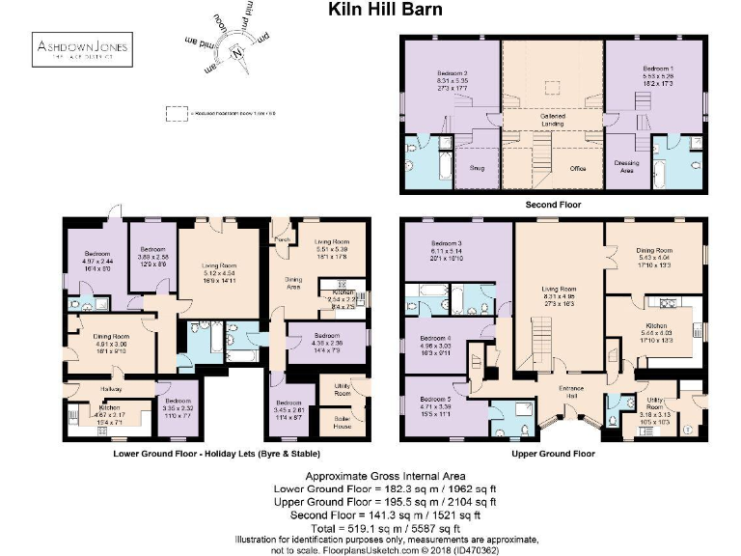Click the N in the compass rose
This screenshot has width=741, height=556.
(x=234, y=53)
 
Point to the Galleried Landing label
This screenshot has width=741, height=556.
(x=553, y=119)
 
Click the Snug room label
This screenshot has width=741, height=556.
(x=476, y=167)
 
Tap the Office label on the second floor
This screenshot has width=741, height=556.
(x=577, y=168)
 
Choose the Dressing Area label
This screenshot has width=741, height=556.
(x=627, y=165)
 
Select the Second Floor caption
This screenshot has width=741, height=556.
(x=552, y=205)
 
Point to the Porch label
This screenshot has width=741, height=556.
(x=283, y=239)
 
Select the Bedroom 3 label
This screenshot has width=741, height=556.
(x=448, y=243)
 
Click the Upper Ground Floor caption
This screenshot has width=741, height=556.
(x=553, y=453)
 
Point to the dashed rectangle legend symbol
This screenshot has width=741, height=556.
(x=176, y=114)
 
